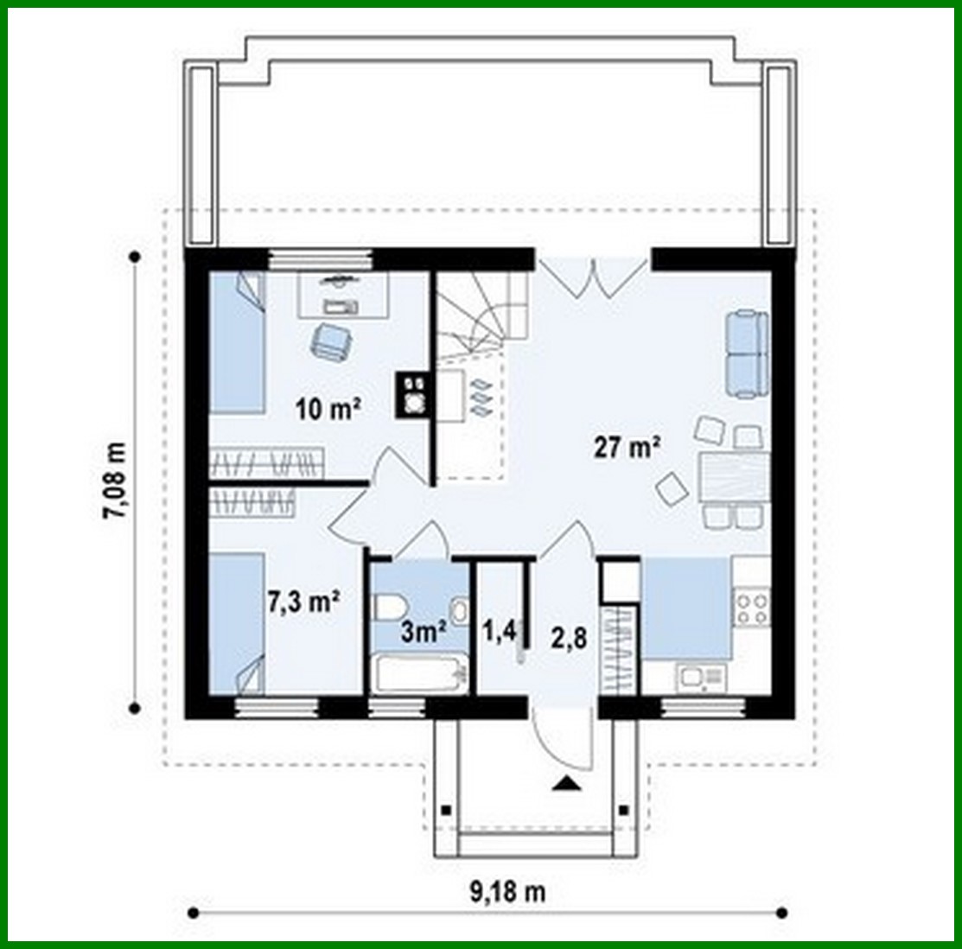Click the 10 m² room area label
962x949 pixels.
[328, 409]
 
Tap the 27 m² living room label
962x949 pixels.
[628, 447]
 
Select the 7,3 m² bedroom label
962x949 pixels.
[303, 602]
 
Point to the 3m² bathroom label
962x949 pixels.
[424, 632]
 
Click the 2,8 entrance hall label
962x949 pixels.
[569, 638]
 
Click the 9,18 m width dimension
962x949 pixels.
[507, 891]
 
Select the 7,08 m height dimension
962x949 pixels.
[114, 481]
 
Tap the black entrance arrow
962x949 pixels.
[566, 784]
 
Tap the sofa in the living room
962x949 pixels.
[746, 352]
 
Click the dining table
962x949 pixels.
[733, 478]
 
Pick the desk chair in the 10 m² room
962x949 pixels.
[328, 340]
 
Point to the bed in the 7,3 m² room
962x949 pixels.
[236, 622]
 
